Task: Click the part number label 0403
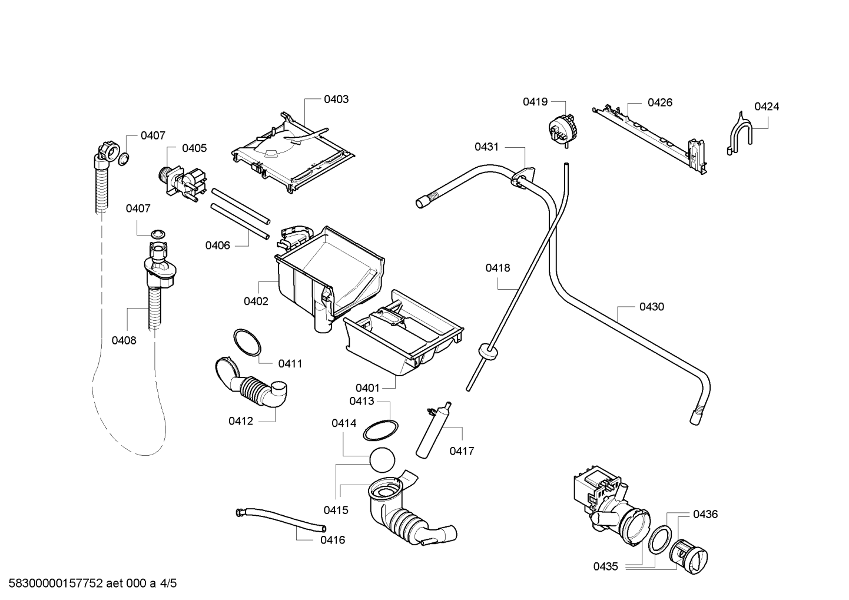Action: (336, 100)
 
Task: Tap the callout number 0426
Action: (660, 102)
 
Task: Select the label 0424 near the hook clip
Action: (767, 107)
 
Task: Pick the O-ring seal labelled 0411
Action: (247, 343)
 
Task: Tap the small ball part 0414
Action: (382, 460)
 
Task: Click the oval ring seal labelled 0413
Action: (380, 430)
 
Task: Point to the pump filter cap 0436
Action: (688, 556)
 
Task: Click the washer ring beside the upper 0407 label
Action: (124, 159)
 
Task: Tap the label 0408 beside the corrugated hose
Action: (124, 340)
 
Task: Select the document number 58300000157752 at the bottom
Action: (56, 584)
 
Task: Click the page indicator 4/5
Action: (168, 584)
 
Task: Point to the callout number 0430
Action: (652, 307)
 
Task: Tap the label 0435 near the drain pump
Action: (606, 566)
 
